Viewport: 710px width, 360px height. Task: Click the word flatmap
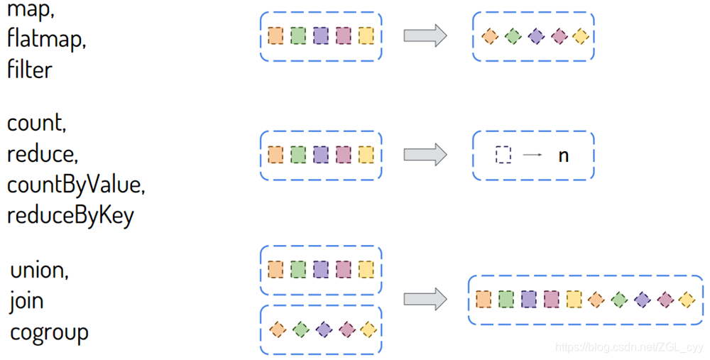46,40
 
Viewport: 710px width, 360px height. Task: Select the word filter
30,69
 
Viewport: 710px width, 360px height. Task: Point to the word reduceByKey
70,214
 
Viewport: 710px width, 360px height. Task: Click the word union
40,270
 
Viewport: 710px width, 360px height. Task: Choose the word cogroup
49,332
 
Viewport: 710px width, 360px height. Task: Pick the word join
27,300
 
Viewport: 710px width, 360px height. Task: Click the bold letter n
563,155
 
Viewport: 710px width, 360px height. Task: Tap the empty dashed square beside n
503,155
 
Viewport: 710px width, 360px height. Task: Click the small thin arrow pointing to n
532,155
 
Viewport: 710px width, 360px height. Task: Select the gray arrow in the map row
425,36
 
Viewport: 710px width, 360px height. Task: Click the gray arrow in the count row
425,154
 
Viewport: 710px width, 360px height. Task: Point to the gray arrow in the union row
425,299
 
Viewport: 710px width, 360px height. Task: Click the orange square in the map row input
276,36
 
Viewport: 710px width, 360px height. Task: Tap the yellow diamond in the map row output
580,36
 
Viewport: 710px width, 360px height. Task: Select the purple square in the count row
321,154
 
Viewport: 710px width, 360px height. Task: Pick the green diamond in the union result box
619,300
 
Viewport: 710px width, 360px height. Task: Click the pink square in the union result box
551,300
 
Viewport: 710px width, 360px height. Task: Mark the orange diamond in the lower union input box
278,329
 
